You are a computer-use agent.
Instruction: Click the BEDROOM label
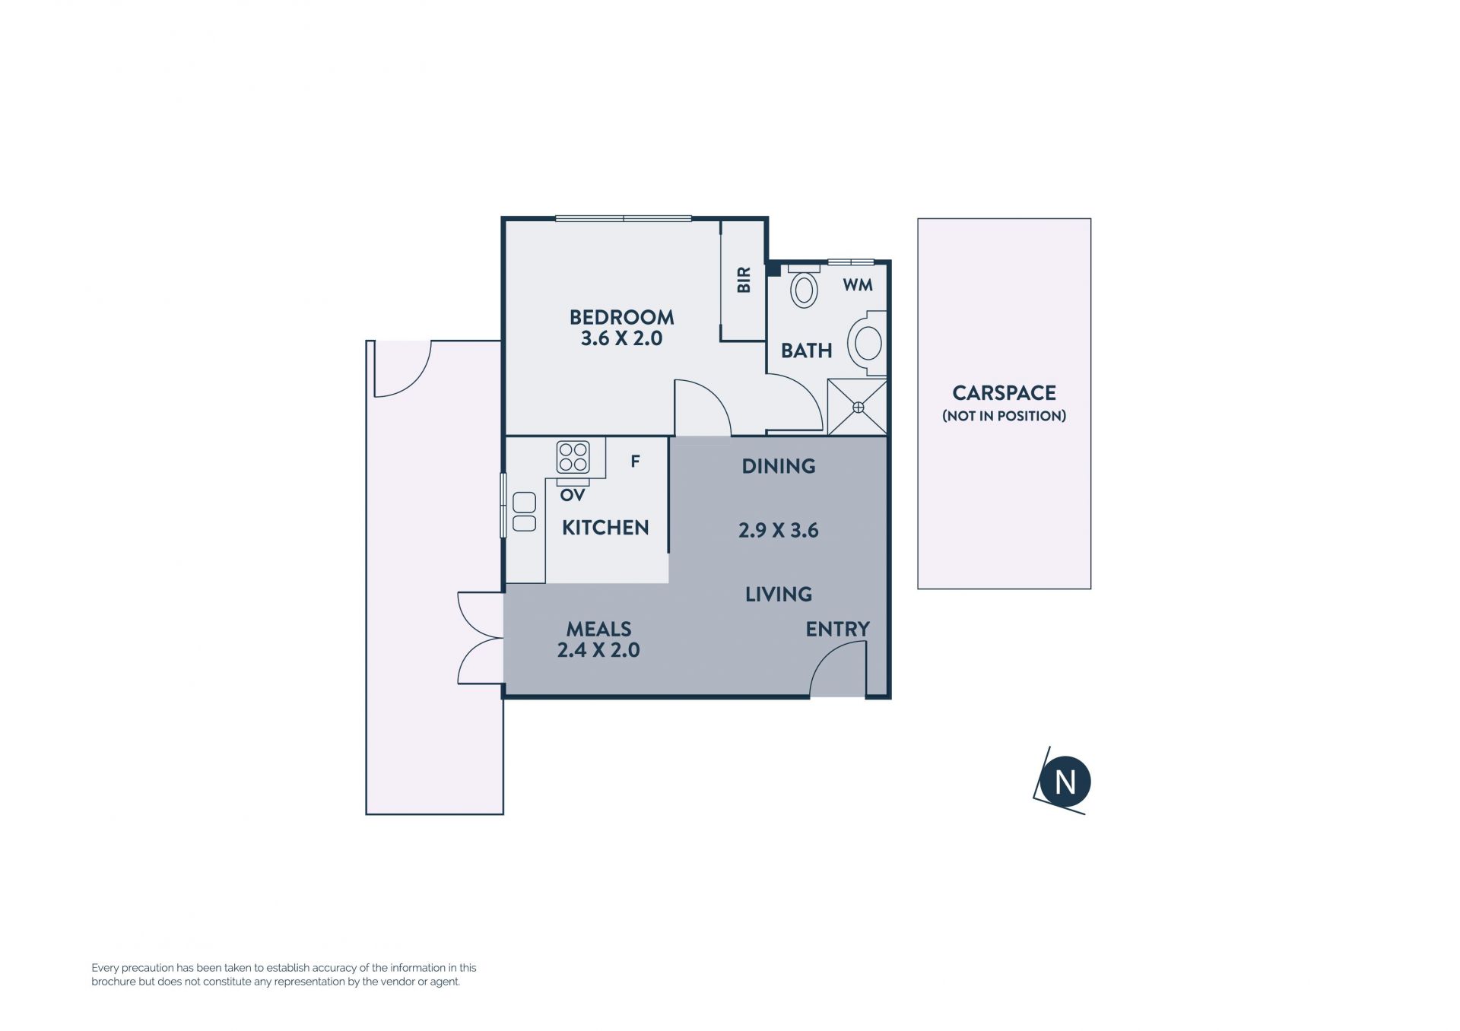pos(621,317)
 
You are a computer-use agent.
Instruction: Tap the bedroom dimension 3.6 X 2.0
pos(621,339)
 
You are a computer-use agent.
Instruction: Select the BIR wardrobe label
pos(744,280)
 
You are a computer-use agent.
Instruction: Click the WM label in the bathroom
pos(857,285)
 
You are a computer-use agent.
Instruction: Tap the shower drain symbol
pos(858,408)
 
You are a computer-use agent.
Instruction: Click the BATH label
pos(806,351)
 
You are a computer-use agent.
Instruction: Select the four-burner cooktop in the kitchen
pos(573,457)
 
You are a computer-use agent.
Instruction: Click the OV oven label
pos(573,496)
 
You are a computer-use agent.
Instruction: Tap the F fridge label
pos(635,461)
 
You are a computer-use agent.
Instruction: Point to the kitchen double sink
pos(524,512)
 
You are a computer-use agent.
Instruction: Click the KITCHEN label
pos(605,528)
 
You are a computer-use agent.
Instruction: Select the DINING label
pos(779,466)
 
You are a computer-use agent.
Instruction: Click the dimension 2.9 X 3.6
pos(779,530)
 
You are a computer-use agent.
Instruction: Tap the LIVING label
pos(779,594)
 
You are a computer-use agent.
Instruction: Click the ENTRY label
pos(837,629)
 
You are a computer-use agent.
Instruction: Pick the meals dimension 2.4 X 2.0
pos(598,650)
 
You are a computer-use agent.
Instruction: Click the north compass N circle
pos(1065,782)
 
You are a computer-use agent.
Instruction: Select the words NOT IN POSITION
pos(1004,416)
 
